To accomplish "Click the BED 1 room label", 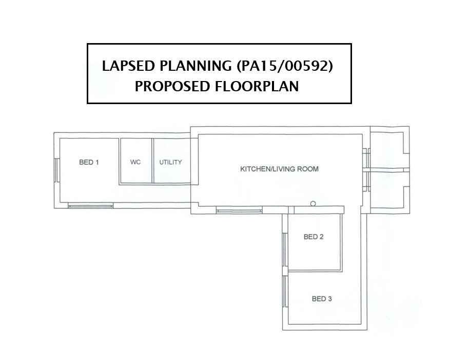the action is [89, 162].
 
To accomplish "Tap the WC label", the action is [135, 162].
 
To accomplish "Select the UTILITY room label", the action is [170, 162].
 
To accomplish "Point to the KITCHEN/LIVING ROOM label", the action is [279, 169].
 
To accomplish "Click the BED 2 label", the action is [314, 237].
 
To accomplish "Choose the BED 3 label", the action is [322, 299].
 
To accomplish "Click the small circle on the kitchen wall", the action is [313, 204].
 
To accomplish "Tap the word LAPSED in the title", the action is [128, 66].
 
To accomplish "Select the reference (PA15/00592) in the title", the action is [285, 66].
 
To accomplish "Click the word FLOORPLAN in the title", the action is [257, 87].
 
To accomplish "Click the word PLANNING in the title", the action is [196, 66].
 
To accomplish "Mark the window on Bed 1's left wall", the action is [57, 170].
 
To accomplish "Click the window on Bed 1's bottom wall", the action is [91, 205].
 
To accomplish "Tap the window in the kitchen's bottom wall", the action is [239, 211].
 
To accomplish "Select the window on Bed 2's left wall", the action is [285, 250].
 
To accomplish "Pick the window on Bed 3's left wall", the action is [285, 291].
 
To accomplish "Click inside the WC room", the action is [135, 173].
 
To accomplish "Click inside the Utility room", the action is [171, 173].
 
